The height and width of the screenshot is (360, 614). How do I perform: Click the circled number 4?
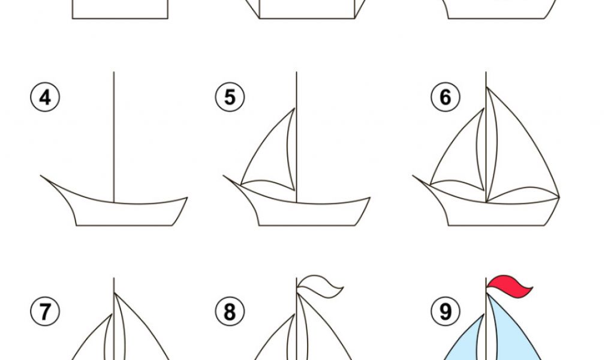(x=45, y=97)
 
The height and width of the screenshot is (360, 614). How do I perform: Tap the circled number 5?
(x=230, y=97)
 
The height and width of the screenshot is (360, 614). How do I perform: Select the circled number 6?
(x=446, y=97)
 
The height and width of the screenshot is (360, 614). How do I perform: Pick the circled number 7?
(x=45, y=311)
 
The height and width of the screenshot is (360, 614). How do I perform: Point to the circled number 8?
(x=230, y=311)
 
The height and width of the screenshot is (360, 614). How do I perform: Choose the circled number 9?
(x=446, y=311)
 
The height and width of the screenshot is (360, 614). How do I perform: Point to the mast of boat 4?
(x=114, y=137)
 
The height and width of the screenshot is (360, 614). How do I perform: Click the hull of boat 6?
(x=497, y=214)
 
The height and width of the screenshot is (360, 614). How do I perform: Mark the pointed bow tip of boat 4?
(x=41, y=175)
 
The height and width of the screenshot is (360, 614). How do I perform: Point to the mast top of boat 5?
(x=296, y=72)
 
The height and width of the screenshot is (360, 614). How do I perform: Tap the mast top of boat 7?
(x=114, y=278)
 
